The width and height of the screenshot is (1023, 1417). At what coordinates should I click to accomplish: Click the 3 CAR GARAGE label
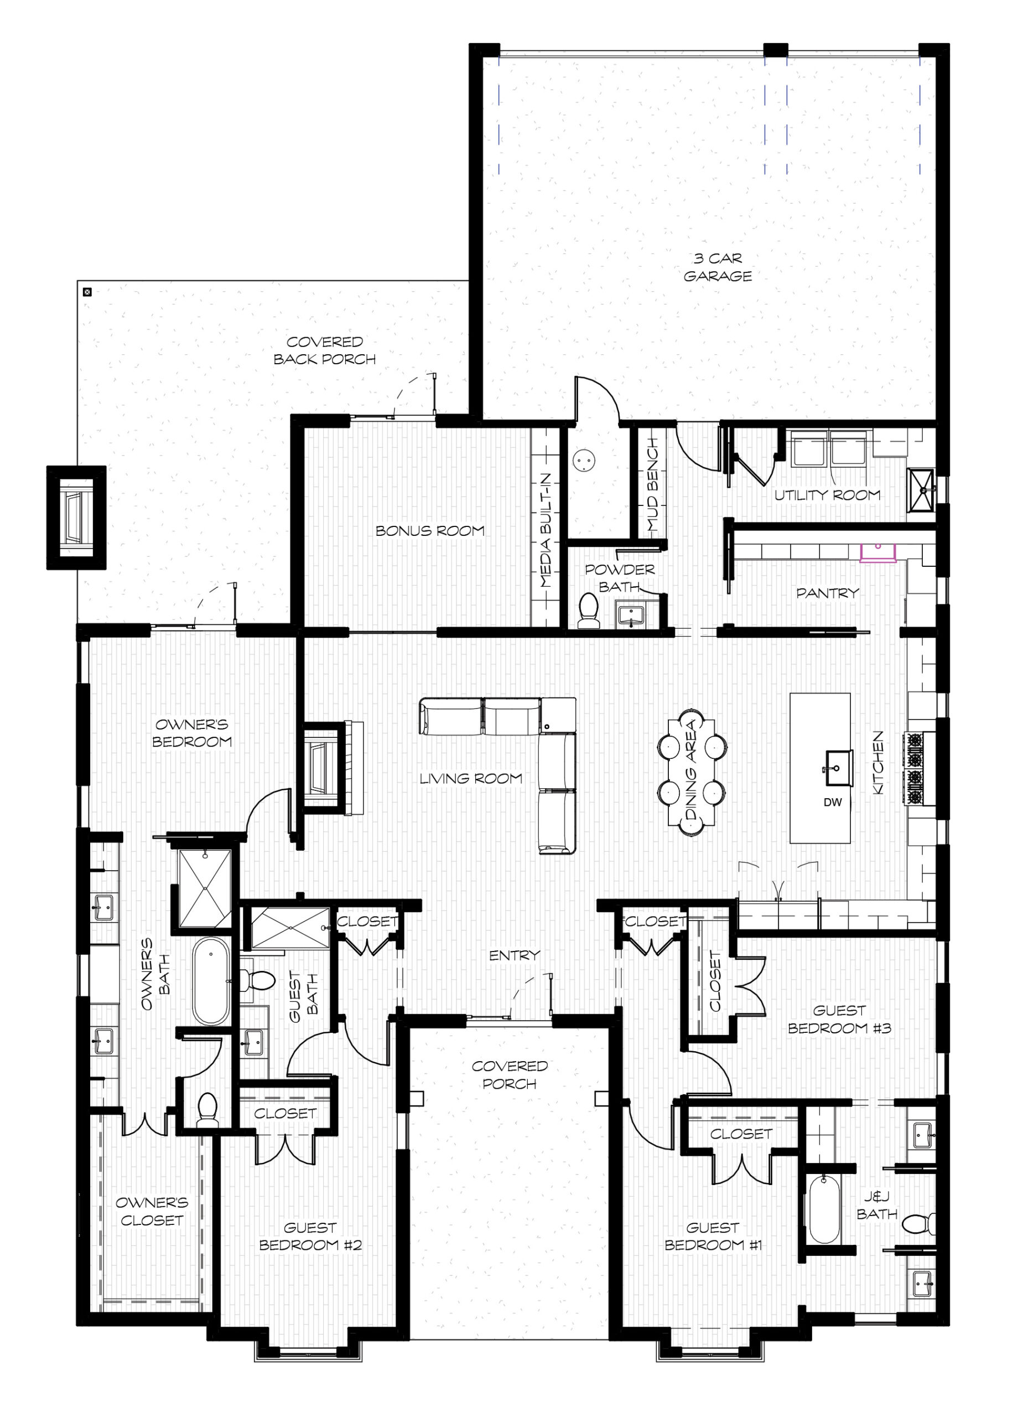pos(717,267)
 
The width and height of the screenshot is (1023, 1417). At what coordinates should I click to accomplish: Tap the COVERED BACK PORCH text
pos(324,350)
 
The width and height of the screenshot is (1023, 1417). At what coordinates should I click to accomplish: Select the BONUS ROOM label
pos(430,530)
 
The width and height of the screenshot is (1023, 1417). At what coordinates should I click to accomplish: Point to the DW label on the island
pos(833,802)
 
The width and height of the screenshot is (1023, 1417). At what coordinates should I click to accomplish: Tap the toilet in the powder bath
pos(588,610)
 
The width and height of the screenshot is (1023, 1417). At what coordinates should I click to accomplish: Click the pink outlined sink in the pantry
pos(877,552)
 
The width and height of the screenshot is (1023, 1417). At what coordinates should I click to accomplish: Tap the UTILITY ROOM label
pos(827,495)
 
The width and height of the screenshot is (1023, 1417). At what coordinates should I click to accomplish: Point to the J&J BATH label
pos(876,1205)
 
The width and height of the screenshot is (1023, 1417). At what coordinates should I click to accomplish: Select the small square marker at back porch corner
pos(87,291)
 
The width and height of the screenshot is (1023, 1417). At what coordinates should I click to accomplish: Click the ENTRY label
pos(514,955)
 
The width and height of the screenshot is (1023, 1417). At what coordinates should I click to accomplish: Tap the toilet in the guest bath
pos(258,980)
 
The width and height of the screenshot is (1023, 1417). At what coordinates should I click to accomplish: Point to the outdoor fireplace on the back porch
pos(76,518)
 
